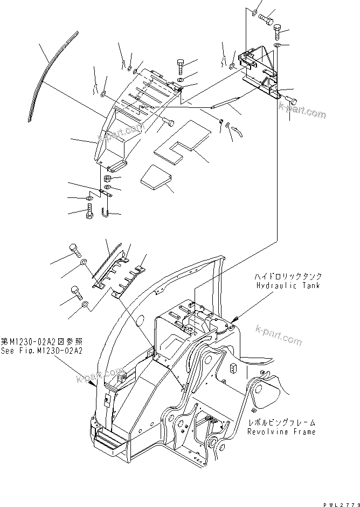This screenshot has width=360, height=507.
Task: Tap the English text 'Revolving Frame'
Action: pyautogui.click(x=281, y=432)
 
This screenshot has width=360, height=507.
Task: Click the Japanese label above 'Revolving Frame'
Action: pyautogui.click(x=281, y=423)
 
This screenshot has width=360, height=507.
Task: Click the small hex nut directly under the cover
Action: pyautogui.click(x=107, y=179)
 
